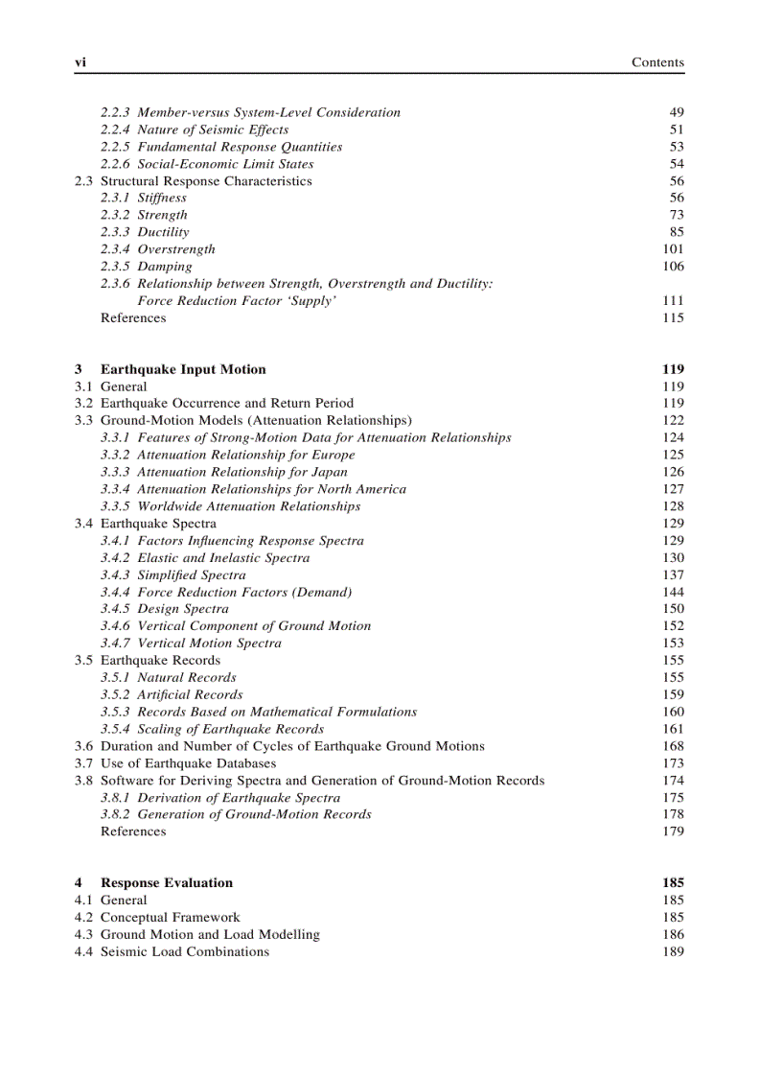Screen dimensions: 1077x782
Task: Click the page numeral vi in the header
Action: [x=80, y=62]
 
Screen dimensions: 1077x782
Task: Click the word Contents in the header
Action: [x=657, y=62]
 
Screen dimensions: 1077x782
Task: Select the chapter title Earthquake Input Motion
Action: [x=183, y=369]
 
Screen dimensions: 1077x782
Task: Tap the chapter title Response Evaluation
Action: [x=167, y=882]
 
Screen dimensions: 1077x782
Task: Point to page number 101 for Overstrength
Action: [x=673, y=249]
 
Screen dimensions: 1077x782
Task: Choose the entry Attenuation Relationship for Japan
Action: [x=242, y=472]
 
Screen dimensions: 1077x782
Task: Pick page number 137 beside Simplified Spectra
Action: [x=673, y=574]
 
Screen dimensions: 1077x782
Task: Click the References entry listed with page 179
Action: [x=133, y=831]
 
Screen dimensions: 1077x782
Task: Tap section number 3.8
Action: [x=84, y=781]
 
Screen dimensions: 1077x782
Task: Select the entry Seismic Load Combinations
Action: [x=185, y=951]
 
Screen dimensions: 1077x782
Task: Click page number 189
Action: [x=673, y=951]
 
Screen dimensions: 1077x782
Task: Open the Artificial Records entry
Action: [x=190, y=694]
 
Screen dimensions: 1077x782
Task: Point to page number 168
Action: [x=673, y=746]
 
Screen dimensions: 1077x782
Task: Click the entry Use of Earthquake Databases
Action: [x=188, y=763]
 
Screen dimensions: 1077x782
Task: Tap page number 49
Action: [x=677, y=112]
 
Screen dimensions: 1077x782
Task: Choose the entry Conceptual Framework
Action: [x=171, y=917]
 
